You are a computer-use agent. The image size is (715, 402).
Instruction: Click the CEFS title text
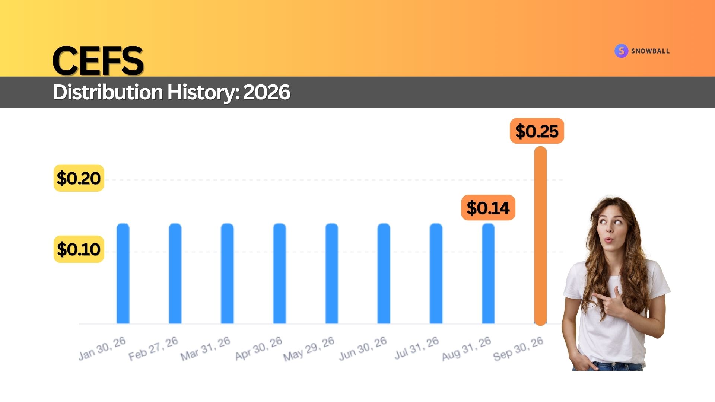pyautogui.click(x=98, y=61)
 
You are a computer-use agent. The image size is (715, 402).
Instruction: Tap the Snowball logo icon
pyautogui.click(x=621, y=51)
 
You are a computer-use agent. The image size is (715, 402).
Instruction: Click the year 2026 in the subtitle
pyautogui.click(x=267, y=92)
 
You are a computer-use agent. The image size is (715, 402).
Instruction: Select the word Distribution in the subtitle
pyautogui.click(x=108, y=92)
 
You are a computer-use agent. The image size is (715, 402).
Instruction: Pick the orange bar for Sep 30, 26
pyautogui.click(x=540, y=236)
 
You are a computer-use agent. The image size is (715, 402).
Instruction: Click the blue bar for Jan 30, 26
pyautogui.click(x=123, y=274)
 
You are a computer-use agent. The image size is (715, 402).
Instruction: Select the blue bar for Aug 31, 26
pyautogui.click(x=488, y=274)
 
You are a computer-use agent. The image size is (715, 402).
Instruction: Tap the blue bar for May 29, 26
pyautogui.click(x=332, y=274)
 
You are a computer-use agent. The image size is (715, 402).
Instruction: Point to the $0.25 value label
pyautogui.click(x=537, y=131)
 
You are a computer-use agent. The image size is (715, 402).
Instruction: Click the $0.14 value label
pyautogui.click(x=488, y=208)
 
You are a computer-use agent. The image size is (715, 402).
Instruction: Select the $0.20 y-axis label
pyautogui.click(x=79, y=178)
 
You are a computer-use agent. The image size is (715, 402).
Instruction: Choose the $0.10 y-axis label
pyautogui.click(x=79, y=249)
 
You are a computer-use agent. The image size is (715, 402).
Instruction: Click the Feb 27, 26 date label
pyautogui.click(x=153, y=349)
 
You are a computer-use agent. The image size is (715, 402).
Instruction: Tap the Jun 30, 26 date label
pyautogui.click(x=363, y=349)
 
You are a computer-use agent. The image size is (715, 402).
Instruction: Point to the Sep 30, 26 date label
pyautogui.click(x=518, y=349)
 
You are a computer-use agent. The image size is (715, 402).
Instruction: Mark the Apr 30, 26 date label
pyautogui.click(x=258, y=349)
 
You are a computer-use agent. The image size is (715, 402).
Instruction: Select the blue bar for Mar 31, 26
pyautogui.click(x=228, y=274)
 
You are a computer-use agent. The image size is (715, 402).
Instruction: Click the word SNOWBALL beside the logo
pyautogui.click(x=650, y=51)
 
